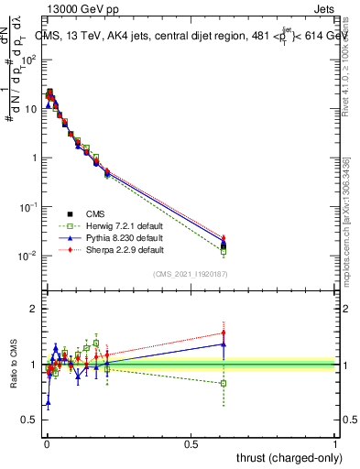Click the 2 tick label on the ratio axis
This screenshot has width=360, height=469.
pyautogui.click(x=34, y=310)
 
